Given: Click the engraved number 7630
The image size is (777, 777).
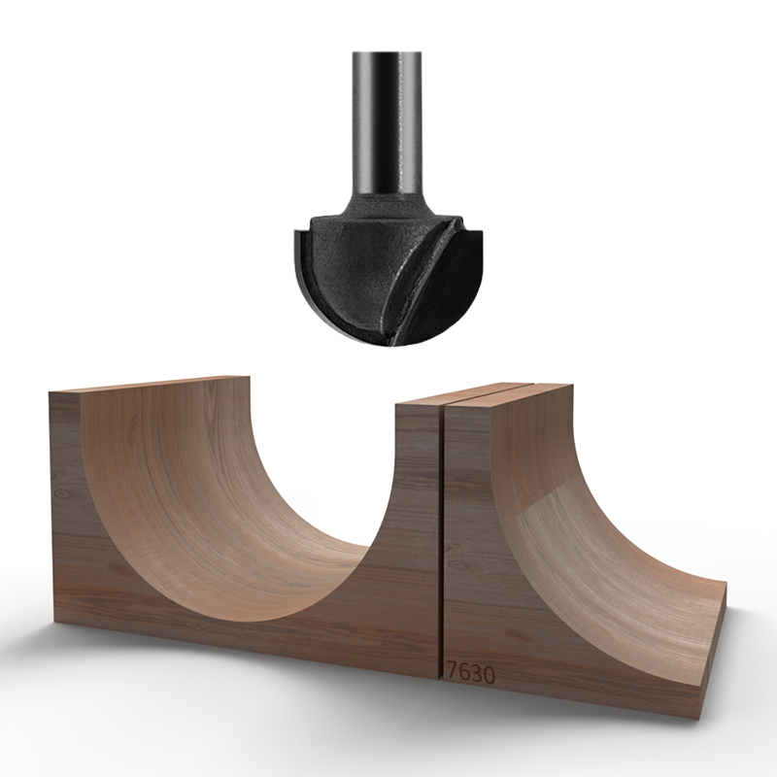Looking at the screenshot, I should tap(470, 669).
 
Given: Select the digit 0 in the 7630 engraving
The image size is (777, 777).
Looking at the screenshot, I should tap(488, 670).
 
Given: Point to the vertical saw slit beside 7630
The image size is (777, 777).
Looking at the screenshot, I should tap(442, 544).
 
